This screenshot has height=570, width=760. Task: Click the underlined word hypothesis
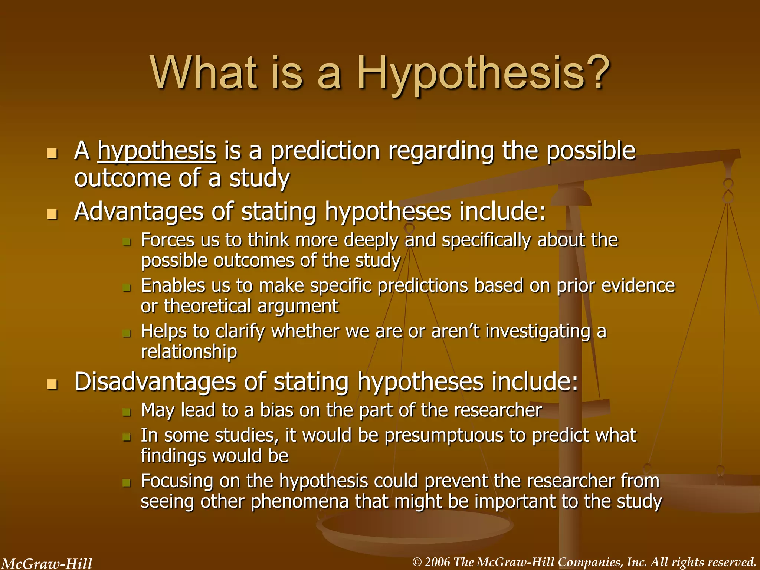tap(157, 151)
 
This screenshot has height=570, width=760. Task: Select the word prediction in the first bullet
tap(325, 151)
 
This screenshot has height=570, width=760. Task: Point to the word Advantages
tap(139, 212)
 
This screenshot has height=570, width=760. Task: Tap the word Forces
tap(168, 240)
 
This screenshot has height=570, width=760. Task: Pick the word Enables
tap(173, 286)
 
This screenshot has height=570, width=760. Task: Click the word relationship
tap(189, 351)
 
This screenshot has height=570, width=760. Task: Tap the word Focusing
tap(177, 481)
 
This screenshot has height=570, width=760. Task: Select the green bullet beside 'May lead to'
tap(127, 412)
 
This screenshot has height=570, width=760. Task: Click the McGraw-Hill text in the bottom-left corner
tap(47, 563)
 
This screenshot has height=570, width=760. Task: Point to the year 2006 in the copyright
tap(438, 562)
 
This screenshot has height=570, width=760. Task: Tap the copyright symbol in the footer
tap(417, 562)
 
